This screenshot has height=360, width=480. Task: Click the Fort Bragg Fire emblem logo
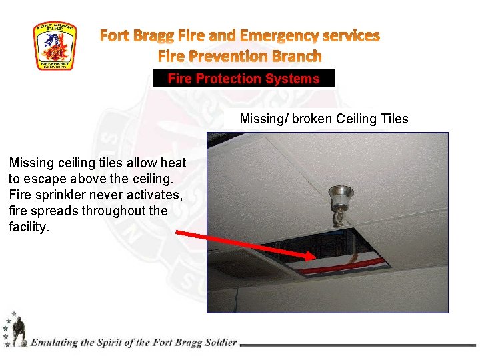click(x=55, y=46)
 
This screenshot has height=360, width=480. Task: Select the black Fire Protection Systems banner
click(x=243, y=79)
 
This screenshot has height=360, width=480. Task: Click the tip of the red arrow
click(x=315, y=257)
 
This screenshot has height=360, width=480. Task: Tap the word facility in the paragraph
click(x=28, y=227)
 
